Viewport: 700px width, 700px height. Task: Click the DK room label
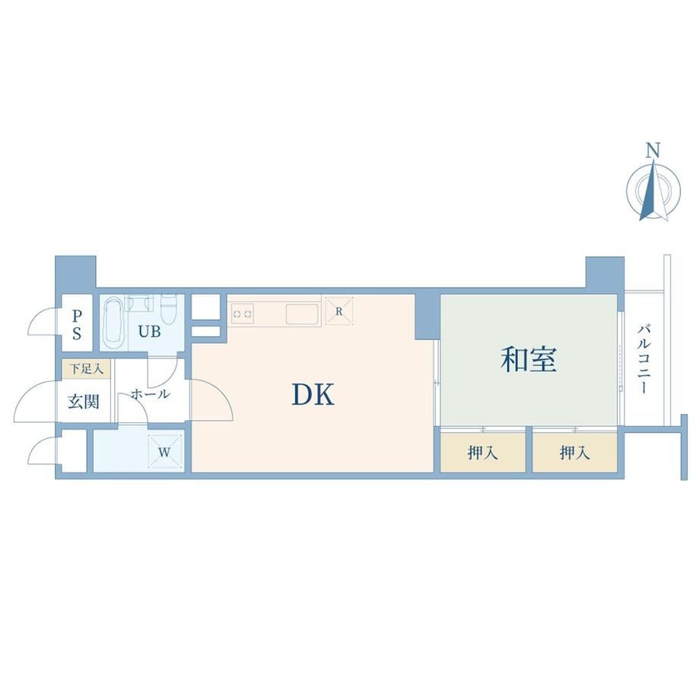(313, 395)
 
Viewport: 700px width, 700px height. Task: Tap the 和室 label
(529, 360)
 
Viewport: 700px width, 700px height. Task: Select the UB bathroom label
(149, 331)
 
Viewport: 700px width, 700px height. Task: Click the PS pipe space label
(77, 325)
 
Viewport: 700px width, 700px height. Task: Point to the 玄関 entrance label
(84, 402)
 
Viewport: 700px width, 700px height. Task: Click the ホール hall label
(151, 394)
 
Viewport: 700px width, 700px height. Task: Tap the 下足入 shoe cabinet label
(86, 369)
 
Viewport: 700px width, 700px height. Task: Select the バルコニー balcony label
(643, 359)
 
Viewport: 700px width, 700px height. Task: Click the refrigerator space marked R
(339, 310)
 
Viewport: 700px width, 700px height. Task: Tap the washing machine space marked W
(165, 452)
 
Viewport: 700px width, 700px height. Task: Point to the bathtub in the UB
(113, 323)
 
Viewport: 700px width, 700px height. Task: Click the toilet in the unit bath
(169, 309)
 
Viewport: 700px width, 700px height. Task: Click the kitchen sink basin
(302, 313)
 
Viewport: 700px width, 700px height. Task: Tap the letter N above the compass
(653, 151)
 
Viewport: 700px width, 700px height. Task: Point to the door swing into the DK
(212, 399)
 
